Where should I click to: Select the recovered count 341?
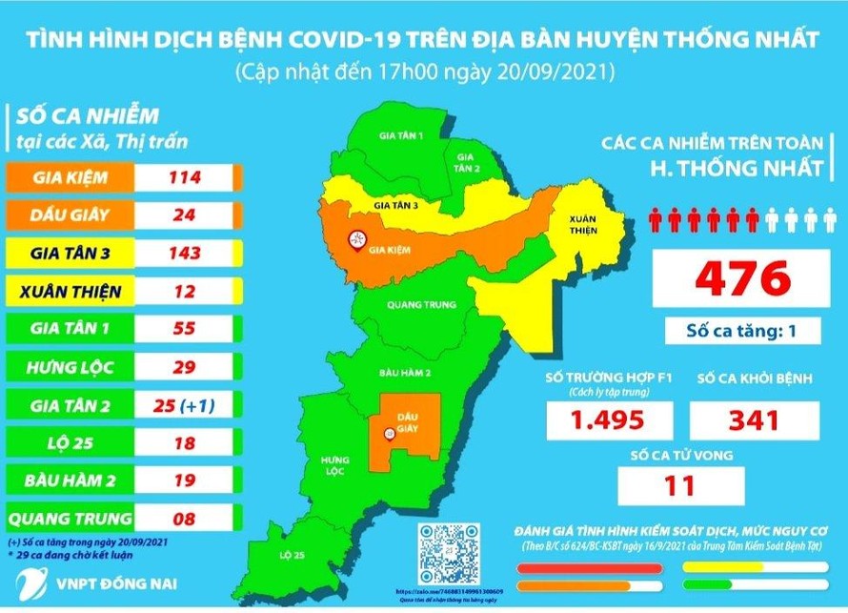coord(753,419)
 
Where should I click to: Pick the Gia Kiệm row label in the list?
coord(71,177)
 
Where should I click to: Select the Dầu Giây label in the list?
coord(71,215)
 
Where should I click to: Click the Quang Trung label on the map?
coord(413,305)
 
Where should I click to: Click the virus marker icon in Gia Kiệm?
coord(358,240)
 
